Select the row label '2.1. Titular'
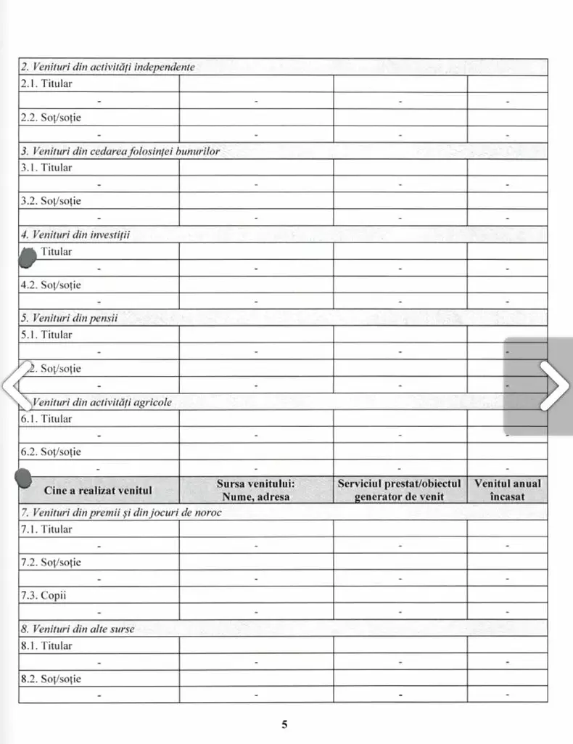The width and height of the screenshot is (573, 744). pyautogui.click(x=46, y=83)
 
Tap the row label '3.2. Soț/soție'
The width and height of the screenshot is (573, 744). pyautogui.click(x=50, y=201)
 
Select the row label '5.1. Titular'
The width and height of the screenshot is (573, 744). pyautogui.click(x=46, y=335)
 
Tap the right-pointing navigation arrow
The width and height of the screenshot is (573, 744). pyautogui.click(x=555, y=385)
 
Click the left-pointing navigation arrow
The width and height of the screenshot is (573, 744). pyautogui.click(x=16, y=385)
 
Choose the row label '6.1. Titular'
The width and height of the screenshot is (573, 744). pyautogui.click(x=46, y=419)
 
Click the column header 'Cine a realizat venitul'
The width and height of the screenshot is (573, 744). pyautogui.click(x=98, y=490)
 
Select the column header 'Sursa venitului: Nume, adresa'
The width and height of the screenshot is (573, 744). pyautogui.click(x=255, y=490)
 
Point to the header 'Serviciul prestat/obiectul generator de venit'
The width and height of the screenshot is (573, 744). pyautogui.click(x=400, y=490)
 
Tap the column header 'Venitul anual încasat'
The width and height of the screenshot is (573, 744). pyautogui.click(x=507, y=490)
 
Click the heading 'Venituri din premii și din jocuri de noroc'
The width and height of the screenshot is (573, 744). pyautogui.click(x=120, y=512)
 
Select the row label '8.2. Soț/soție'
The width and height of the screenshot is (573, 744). pyautogui.click(x=50, y=679)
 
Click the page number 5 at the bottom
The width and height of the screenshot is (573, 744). pyautogui.click(x=284, y=724)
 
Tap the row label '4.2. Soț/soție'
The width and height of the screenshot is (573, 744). pyautogui.click(x=50, y=285)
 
